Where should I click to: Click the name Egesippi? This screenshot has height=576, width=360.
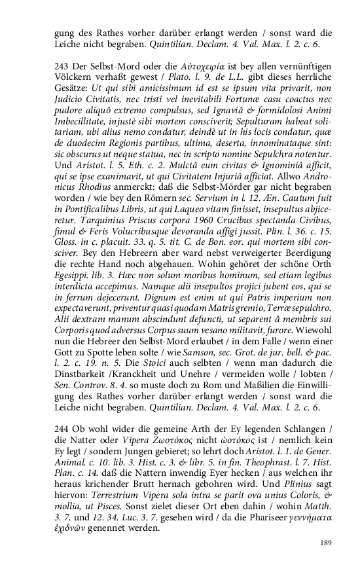73,290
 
